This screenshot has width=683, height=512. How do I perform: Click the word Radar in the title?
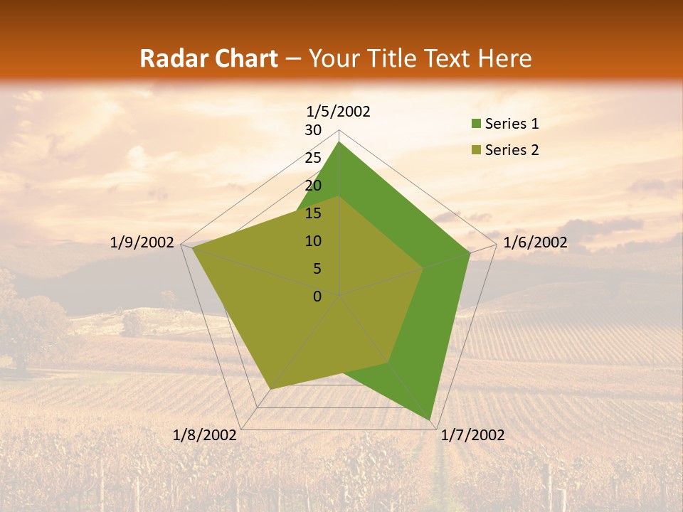169,59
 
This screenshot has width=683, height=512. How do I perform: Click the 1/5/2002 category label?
339,112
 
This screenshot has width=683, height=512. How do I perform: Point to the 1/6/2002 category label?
535,242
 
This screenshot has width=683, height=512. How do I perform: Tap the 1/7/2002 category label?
472,435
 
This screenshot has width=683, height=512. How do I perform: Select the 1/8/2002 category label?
205,435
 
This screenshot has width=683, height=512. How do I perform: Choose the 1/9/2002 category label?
142,242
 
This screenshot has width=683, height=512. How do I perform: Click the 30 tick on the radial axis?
313,130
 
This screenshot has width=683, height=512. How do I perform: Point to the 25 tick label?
313,158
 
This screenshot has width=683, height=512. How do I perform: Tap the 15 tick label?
313,213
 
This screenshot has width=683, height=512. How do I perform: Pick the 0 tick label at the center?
317,297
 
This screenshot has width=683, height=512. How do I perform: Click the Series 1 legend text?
512,124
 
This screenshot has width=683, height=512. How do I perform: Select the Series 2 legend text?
512,150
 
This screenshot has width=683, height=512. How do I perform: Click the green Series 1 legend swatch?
476,124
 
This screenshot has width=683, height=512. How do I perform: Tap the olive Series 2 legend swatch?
476,150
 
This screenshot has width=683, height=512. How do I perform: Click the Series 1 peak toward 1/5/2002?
339,142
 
